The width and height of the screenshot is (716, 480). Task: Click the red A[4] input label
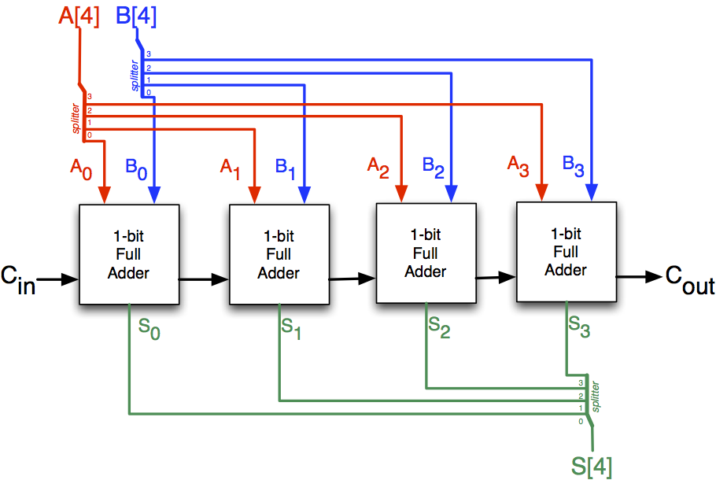(79, 17)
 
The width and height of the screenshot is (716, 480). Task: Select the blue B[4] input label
(136, 17)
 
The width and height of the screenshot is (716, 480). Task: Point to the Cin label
(18, 280)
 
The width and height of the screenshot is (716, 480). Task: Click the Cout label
(690, 279)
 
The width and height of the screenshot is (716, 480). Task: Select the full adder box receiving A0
(129, 254)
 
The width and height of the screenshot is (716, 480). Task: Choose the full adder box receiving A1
(279, 254)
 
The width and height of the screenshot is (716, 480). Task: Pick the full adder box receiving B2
(426, 253)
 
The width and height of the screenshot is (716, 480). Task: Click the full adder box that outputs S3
(566, 251)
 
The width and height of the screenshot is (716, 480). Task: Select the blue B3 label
(574, 166)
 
